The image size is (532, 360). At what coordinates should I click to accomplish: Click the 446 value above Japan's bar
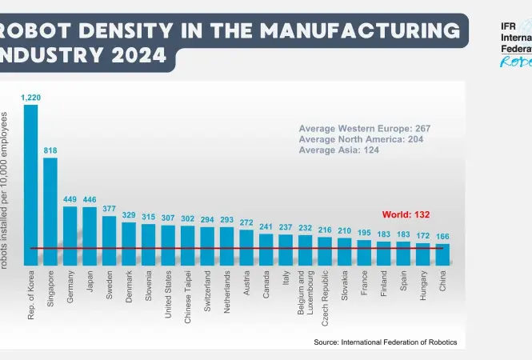click(x=89, y=200)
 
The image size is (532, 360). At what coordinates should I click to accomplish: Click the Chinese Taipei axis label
click(x=188, y=297)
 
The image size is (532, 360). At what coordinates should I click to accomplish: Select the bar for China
click(x=442, y=254)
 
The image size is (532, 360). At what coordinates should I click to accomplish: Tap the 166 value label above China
click(x=442, y=237)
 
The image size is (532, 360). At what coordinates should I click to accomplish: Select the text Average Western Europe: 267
click(x=365, y=128)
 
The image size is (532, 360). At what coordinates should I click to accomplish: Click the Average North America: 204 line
click(x=361, y=138)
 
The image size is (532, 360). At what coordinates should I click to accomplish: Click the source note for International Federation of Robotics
click(x=386, y=342)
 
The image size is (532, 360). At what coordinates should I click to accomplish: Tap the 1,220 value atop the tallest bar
click(x=31, y=97)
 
